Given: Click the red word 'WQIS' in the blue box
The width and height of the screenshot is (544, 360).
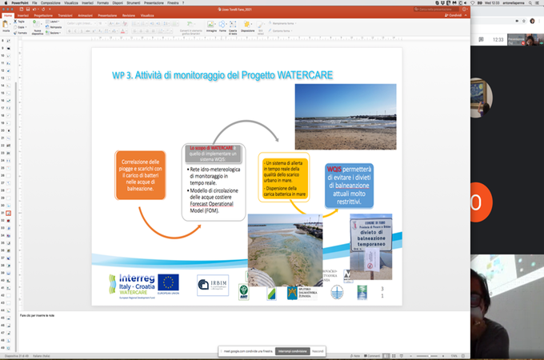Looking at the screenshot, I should point(335,170).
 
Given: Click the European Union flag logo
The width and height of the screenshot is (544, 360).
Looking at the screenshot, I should point(168,282).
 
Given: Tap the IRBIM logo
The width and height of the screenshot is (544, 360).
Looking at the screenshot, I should point(212,285).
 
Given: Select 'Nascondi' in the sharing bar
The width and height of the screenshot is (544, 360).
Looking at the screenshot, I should point(318,350).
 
